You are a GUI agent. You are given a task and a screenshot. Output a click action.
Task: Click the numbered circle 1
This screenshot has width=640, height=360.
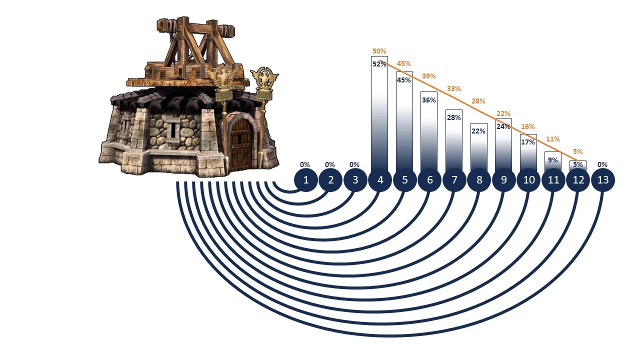pyautogui.click(x=306, y=180)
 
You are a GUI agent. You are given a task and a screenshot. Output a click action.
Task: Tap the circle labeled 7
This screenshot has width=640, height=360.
pyautogui.click(x=454, y=180)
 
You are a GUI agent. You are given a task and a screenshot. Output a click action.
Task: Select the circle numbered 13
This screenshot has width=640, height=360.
pyautogui.click(x=603, y=180)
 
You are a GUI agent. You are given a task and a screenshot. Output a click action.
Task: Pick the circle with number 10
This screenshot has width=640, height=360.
pyautogui.click(x=528, y=180)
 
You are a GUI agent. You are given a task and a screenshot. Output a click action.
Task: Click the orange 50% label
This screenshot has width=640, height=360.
pyautogui.click(x=379, y=51)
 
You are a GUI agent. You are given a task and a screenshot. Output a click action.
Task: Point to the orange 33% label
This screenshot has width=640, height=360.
pyautogui.click(x=453, y=88)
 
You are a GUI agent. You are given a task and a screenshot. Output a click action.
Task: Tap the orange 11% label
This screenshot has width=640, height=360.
pyautogui.click(x=552, y=139)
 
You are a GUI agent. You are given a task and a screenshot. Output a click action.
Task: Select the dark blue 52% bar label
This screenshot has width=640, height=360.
pyautogui.click(x=379, y=63)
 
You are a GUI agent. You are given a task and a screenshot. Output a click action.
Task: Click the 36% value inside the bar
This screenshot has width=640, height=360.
pyautogui.click(x=429, y=100)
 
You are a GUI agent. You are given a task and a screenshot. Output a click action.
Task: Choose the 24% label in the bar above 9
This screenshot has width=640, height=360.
pyautogui.click(x=503, y=126)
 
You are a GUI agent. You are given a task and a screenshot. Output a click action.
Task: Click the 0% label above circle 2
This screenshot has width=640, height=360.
pyautogui.click(x=330, y=164)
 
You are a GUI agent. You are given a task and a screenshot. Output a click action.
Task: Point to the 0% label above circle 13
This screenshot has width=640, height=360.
pyautogui.click(x=602, y=164)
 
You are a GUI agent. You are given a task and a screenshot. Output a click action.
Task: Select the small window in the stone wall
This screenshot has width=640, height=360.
pyautogui.click(x=173, y=130)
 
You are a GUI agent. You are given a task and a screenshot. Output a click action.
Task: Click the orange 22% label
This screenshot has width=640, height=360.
pyautogui.click(x=503, y=114)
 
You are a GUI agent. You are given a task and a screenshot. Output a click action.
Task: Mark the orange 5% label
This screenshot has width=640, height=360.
pyautogui.click(x=577, y=151)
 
